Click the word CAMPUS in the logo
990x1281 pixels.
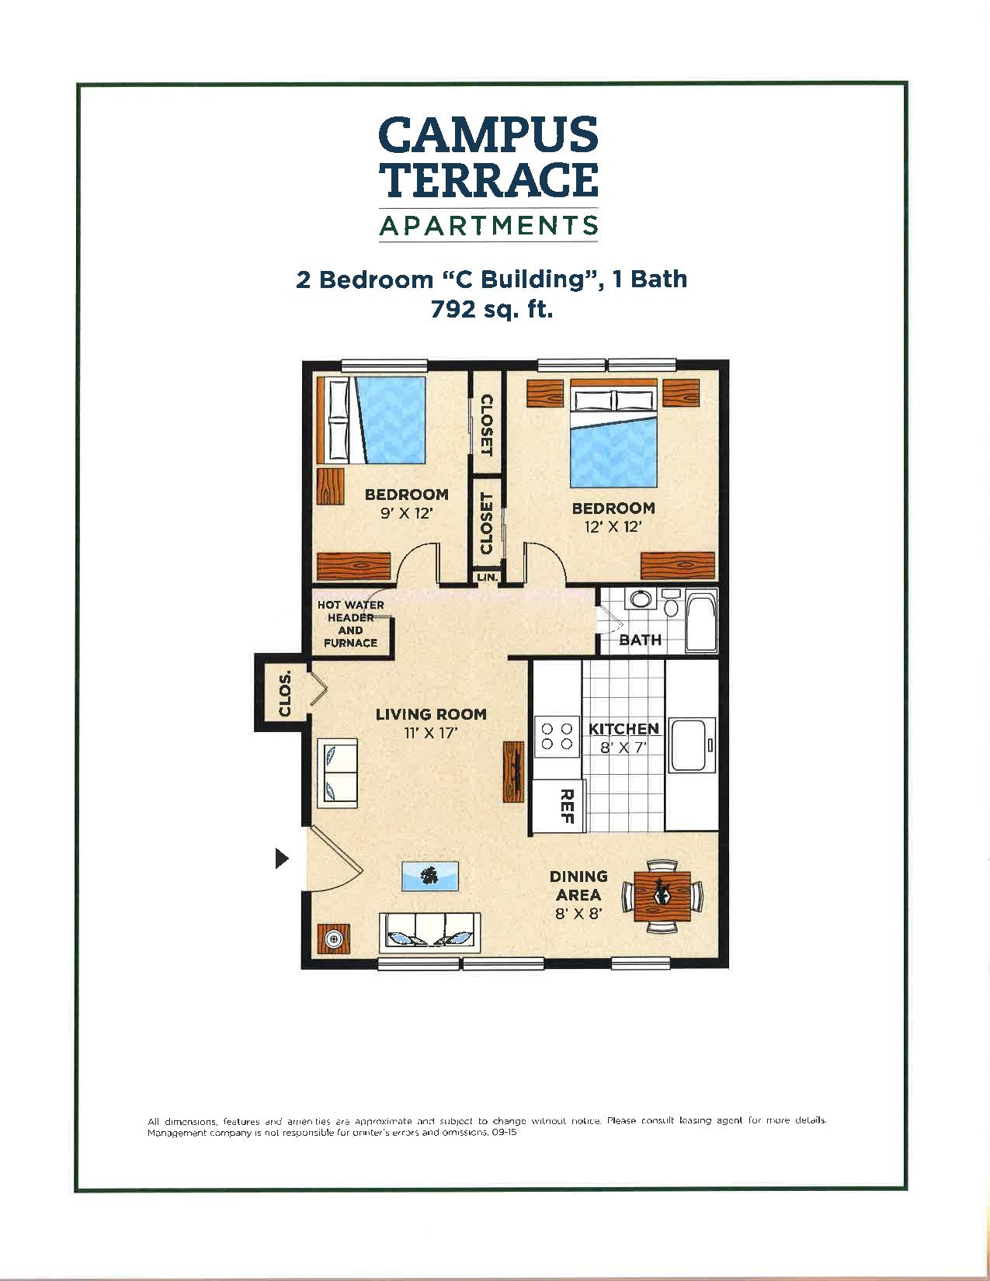[x=488, y=135]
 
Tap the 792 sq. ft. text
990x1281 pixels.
[x=492, y=310]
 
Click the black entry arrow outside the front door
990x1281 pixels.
[x=283, y=859]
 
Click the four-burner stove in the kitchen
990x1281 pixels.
[x=557, y=736]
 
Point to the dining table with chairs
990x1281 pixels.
[x=662, y=896]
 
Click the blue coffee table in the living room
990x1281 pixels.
[x=429, y=877]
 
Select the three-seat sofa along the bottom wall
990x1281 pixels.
[x=429, y=931]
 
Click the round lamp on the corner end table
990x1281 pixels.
[x=334, y=939]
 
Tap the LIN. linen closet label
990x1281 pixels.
[x=488, y=578]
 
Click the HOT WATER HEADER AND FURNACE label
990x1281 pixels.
[x=351, y=624]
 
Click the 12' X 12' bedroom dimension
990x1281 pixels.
[x=613, y=527]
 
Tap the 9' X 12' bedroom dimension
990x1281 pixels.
[x=406, y=513]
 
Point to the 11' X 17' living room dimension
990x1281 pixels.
[x=430, y=732]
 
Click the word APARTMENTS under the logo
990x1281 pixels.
[x=488, y=226]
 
